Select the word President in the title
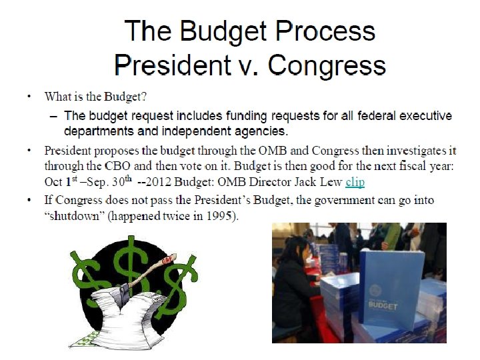(177, 65)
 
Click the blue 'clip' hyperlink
(355, 182)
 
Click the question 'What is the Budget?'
(96, 97)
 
